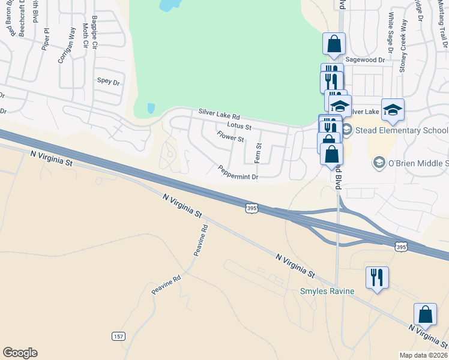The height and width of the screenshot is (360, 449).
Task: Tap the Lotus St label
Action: pyautogui.click(x=239, y=126)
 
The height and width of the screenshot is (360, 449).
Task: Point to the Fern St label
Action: pyautogui.click(x=259, y=154)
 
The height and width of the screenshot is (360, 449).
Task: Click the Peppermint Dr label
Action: pyautogui.click(x=238, y=173)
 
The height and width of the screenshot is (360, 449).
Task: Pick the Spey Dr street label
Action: pyautogui.click(x=108, y=81)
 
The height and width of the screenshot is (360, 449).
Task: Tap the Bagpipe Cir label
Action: pyautogui.click(x=94, y=37)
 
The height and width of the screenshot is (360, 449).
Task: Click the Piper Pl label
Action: pyautogui.click(x=44, y=38)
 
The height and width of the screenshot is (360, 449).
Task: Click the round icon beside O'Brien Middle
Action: pyautogui.click(x=379, y=163)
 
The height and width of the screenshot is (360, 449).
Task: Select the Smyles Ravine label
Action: pyautogui.click(x=327, y=292)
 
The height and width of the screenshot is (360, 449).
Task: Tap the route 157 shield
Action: pyautogui.click(x=118, y=337)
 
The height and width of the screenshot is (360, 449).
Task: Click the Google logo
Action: pyautogui.click(x=20, y=353)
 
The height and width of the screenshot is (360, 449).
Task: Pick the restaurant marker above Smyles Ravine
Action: pyautogui.click(x=377, y=277)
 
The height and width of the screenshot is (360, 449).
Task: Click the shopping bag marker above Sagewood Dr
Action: pyautogui.click(x=334, y=44)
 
